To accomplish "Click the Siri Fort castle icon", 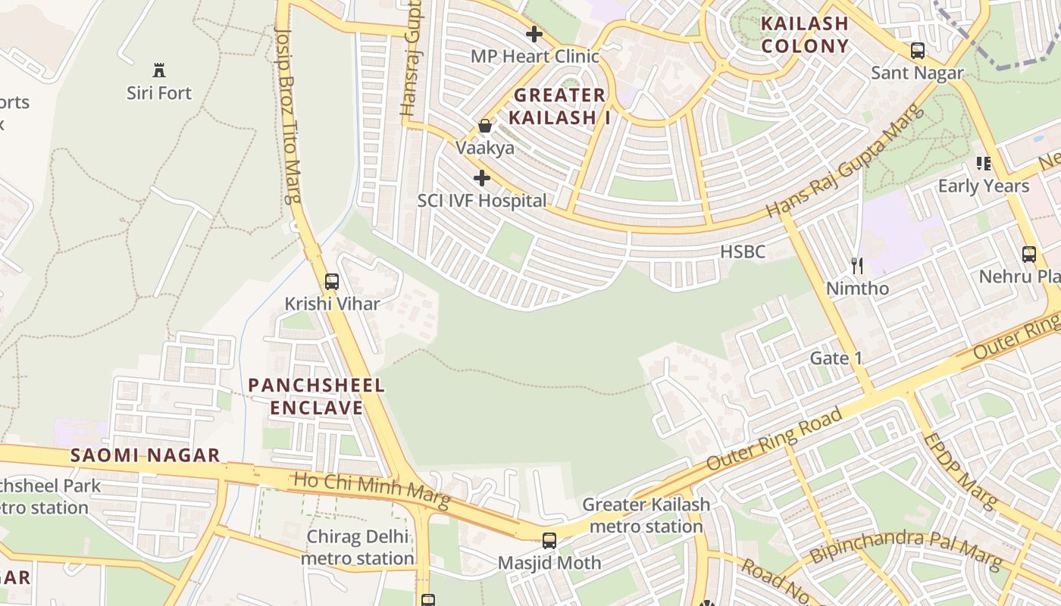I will coord(159,70).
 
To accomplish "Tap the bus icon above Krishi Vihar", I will coord(331,282).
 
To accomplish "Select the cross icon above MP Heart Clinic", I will coord(534,34).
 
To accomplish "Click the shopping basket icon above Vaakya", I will coord(485,126).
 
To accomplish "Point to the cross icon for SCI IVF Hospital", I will coord(481,179).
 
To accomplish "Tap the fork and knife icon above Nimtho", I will coord(857,266).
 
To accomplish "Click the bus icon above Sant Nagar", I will coord(917,51).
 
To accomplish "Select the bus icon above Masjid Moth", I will coord(549,541).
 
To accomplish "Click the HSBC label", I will coord(743,252).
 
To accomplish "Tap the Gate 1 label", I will coord(837,358).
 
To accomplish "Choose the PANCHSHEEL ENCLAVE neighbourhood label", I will coord(317,396).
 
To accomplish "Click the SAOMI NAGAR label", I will coord(146,455).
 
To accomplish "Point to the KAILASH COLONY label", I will coord(805,35).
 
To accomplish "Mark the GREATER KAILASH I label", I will coord(560,106).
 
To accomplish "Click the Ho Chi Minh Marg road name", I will coord(371,490).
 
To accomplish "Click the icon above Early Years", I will coord(984,163).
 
